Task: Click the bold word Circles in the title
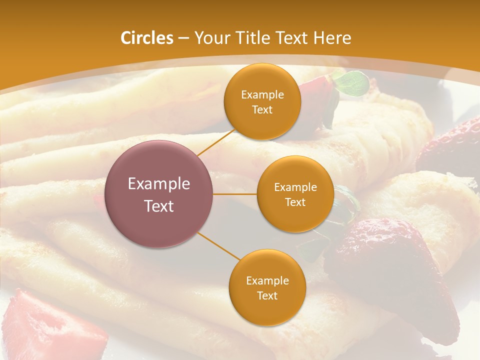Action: pos(147,38)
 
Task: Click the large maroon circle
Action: pos(159,194)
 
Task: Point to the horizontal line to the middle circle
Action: pos(235,194)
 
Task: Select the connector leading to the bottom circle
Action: pos(218,246)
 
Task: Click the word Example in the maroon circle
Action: pos(159,184)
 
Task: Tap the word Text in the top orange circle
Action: pos(262,110)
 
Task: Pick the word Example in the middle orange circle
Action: pos(295,187)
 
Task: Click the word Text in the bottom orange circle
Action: pos(267,296)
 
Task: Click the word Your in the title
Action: pos(209,38)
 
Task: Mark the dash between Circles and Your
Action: pos(183,38)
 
